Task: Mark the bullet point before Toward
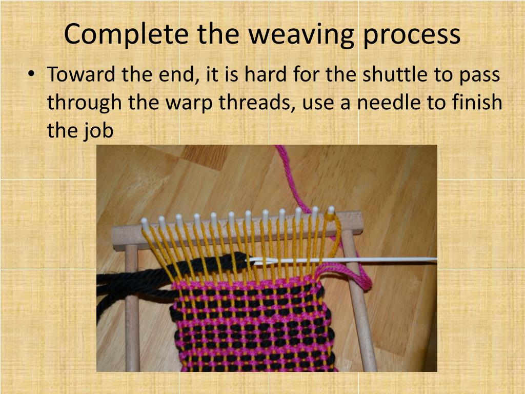[32, 75]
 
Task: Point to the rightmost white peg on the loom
[331, 210]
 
